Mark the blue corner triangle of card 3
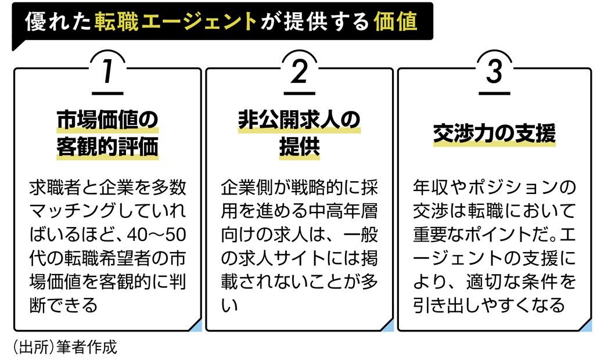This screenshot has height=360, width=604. point(586,326)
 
